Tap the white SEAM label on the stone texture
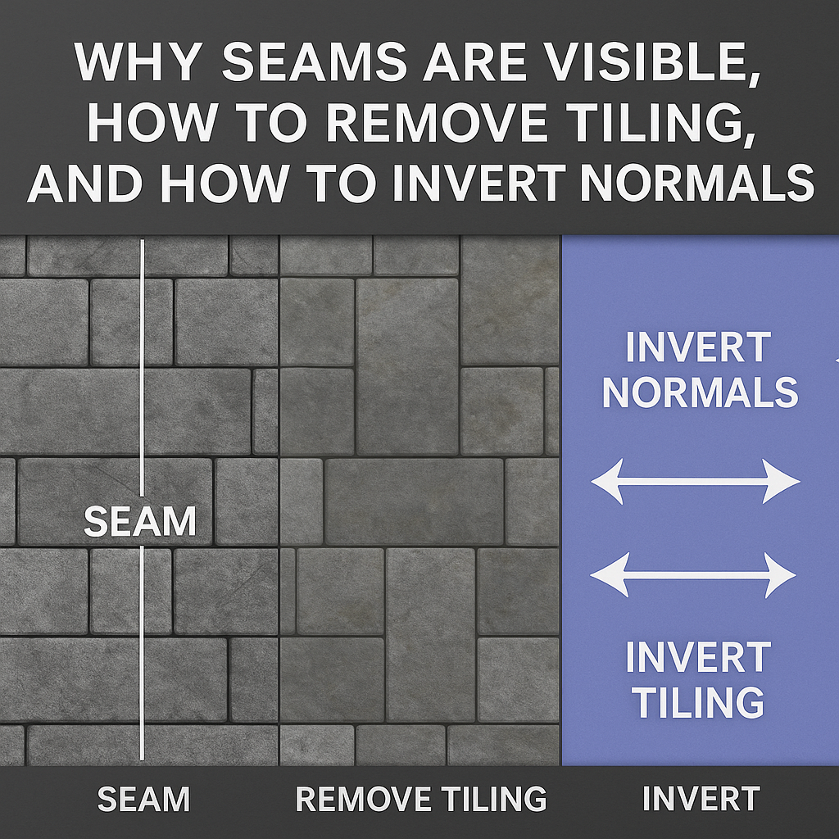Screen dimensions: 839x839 140,522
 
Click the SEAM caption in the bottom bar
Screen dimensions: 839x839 143,799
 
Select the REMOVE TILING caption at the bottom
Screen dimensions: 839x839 420,799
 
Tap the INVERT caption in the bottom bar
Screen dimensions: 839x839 701,799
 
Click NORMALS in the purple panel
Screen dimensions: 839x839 701,392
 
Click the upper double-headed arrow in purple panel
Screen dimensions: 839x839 695,481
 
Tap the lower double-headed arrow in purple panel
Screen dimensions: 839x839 693,574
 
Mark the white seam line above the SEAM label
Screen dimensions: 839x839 143,369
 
